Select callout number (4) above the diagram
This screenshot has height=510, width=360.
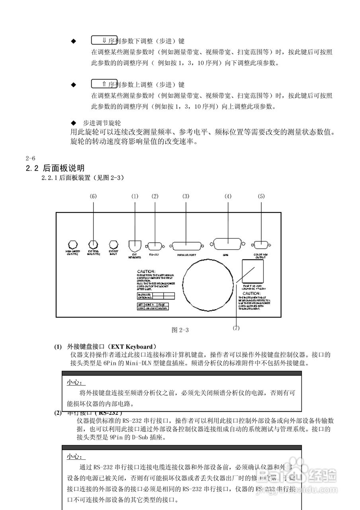(x=228, y=196)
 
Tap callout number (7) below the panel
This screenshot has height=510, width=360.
(x=236, y=328)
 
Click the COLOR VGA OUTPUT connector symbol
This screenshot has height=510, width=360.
(x=261, y=245)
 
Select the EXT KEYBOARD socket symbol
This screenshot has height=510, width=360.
(x=135, y=245)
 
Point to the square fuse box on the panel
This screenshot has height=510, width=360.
(x=253, y=271)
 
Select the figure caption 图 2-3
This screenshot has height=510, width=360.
(x=180, y=330)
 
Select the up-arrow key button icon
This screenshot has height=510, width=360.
(x=104, y=84)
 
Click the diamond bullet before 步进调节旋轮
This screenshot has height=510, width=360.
(x=73, y=123)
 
